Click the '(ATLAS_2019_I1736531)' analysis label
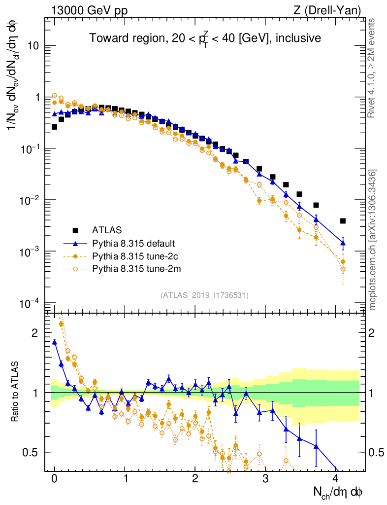[x=204, y=295]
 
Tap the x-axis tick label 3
[x=265, y=478]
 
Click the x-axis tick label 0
[x=55, y=478]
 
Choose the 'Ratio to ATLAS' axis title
[x=16, y=392]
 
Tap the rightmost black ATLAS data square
[x=343, y=221]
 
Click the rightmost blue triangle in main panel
[x=343, y=243]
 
